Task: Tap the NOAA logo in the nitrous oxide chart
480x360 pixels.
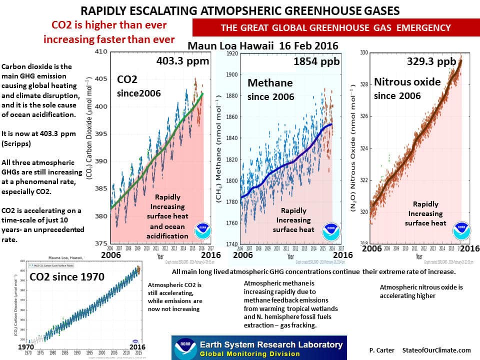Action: [x=461, y=229]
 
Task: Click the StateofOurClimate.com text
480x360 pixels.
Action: [x=436, y=350]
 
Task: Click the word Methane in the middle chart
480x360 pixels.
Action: [x=270, y=82]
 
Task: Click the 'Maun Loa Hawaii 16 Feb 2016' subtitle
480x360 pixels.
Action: [x=263, y=46]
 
